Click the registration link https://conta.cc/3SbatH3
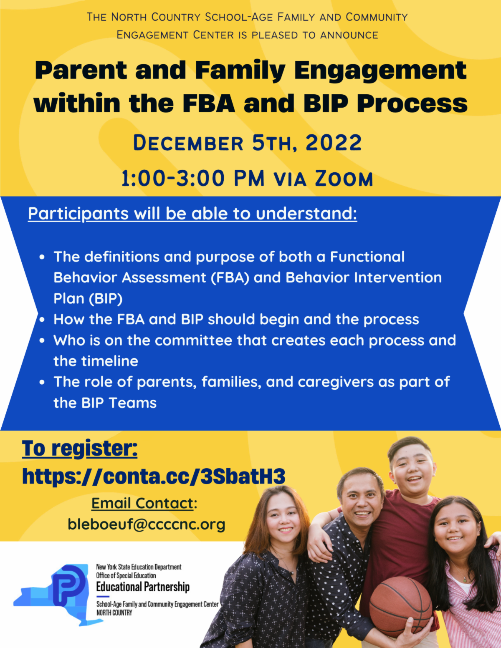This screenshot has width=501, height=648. pos(154,477)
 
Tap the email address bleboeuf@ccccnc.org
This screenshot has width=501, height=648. pos(147,524)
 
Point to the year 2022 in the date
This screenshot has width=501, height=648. pos(334,143)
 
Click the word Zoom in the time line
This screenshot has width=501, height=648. pos(344,179)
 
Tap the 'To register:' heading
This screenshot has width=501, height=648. pos(80,449)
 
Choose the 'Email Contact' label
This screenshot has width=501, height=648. pos(142,503)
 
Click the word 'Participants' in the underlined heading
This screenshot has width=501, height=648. pos(78,214)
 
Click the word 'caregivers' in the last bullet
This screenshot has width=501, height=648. pos(336,382)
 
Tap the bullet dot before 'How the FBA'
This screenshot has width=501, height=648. pos(42,320)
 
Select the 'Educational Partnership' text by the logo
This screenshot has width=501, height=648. pos(143,587)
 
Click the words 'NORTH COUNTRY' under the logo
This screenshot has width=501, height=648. pos(114,613)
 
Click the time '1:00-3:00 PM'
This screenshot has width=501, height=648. pos(193,179)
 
